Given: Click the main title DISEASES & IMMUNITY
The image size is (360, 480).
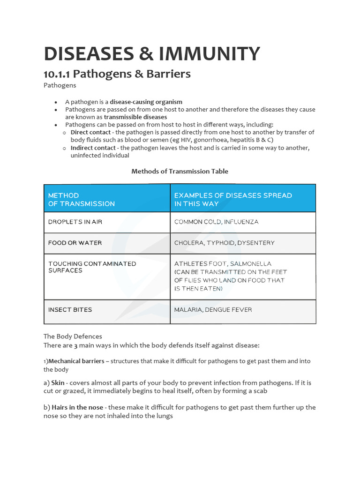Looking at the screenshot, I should click(x=151, y=54).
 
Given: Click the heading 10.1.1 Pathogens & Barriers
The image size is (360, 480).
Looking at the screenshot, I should click(x=117, y=74).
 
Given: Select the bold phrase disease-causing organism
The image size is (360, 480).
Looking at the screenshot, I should click(x=146, y=102).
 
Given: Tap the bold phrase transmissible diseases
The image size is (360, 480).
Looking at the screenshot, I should click(x=135, y=117).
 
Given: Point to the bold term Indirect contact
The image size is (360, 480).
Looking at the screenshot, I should click(x=93, y=148).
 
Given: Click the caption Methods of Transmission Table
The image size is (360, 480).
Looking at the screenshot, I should click(x=180, y=171).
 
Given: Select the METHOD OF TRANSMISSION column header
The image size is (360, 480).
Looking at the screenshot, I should click(x=82, y=199).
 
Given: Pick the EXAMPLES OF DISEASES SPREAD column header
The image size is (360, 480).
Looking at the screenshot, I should click(x=233, y=199).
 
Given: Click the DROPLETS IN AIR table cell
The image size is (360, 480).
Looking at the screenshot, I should click(x=75, y=222).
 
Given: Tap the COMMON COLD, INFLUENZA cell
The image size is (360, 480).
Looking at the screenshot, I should click(x=216, y=222).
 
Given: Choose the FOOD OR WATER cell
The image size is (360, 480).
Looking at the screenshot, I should click(x=75, y=243).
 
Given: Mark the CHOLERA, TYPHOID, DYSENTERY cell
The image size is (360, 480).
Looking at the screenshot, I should click(x=224, y=243).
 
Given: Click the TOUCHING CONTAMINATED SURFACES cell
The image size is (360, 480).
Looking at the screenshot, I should click(x=92, y=267).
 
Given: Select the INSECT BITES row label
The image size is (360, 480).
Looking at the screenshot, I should click(x=70, y=309).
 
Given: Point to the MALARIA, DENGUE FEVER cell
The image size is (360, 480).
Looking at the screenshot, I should click(x=213, y=309).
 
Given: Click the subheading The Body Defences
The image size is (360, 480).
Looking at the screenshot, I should click(x=73, y=336).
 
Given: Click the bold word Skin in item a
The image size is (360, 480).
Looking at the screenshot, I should click(x=58, y=382).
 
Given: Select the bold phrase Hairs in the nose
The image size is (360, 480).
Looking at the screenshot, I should click(x=77, y=407).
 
